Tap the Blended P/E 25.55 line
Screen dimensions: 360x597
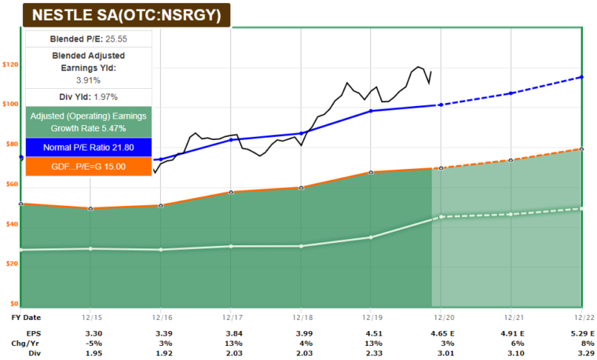pyautogui.click(x=87, y=38)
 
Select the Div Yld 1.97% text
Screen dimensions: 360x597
pyautogui.click(x=87, y=97)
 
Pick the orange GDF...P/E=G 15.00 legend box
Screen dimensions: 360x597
pyautogui.click(x=87, y=167)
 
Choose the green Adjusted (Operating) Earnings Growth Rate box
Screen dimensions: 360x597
pyautogui.click(x=87, y=121)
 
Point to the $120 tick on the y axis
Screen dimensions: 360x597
pyautogui.click(x=10, y=64)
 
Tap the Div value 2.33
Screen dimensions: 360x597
pyautogui.click(x=370, y=353)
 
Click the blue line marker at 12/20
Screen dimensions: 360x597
pyautogui.click(x=441, y=105)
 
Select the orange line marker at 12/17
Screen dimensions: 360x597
pyautogui.click(x=231, y=192)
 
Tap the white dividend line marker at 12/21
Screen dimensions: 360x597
pyautogui.click(x=511, y=214)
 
